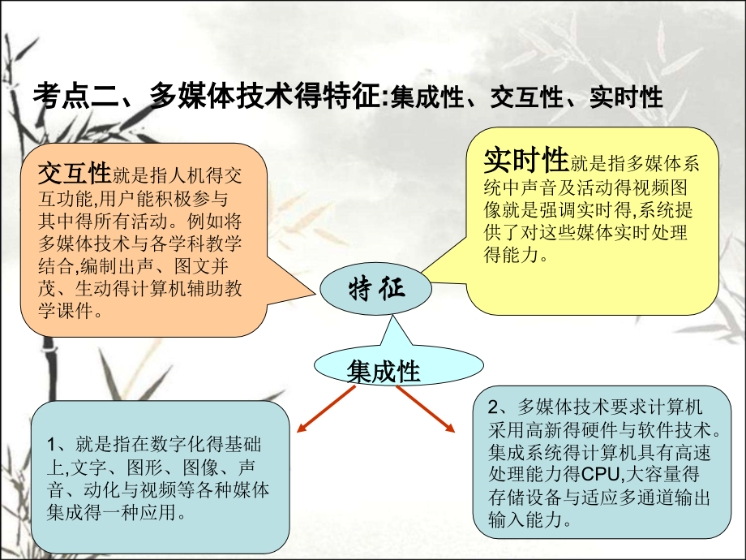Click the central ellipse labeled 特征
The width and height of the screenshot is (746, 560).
click(376, 289)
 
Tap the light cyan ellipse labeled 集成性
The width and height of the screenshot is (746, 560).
click(399, 366)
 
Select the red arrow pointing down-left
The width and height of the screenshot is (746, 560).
click(326, 409)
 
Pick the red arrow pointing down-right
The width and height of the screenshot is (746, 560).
click(426, 409)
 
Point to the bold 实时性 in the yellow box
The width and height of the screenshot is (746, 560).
click(526, 160)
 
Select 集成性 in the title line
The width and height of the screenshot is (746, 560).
click(427, 97)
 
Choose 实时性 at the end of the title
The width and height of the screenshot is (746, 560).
click(626, 97)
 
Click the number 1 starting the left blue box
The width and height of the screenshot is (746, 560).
click(52, 445)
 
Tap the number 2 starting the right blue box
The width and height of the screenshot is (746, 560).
click(493, 407)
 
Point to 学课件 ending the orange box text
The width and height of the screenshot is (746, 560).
click(66, 311)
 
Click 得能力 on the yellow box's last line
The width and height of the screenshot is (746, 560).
click(512, 255)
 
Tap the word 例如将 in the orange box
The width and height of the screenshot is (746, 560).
click(215, 221)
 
